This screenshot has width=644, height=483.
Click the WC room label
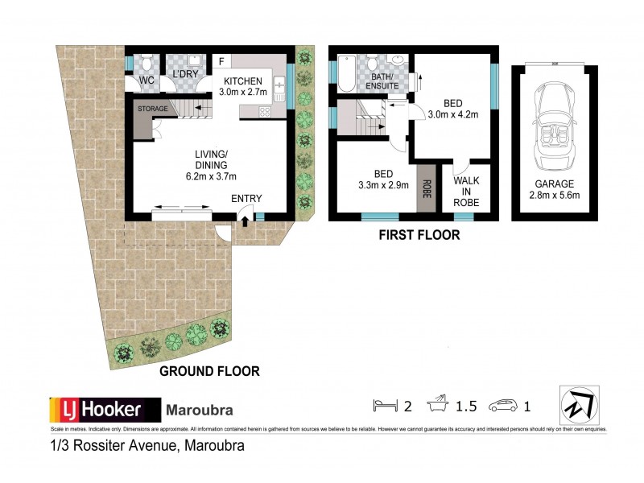coord(146,80)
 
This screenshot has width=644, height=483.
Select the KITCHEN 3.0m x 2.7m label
coord(242,87)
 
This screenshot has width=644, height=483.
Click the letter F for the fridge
coord(221,60)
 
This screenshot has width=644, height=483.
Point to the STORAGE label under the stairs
coord(151,107)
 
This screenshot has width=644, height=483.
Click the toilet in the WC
coord(146,62)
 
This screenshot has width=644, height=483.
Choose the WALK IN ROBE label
coord(466,191)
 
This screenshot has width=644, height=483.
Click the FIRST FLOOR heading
coord(420,235)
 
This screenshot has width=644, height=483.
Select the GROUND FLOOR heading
coord(209,371)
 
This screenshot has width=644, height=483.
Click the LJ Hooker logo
coord(97,409)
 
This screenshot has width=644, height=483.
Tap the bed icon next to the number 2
coord(384,405)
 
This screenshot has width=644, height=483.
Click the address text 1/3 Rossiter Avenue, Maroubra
coord(146,444)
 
